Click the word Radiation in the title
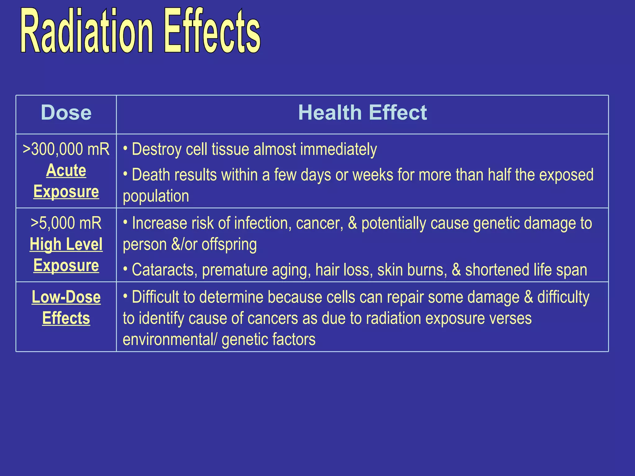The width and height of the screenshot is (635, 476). (87, 31)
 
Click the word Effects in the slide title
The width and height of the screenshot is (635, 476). (212, 31)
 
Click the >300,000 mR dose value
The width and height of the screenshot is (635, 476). (66, 149)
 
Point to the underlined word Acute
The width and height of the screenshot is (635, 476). (66, 170)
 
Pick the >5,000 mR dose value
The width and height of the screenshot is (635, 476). (66, 223)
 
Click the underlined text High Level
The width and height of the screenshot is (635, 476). (66, 244)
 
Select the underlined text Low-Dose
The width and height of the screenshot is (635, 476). (66, 297)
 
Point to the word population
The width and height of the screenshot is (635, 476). (156, 196)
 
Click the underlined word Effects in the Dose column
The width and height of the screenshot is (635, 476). (66, 318)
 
